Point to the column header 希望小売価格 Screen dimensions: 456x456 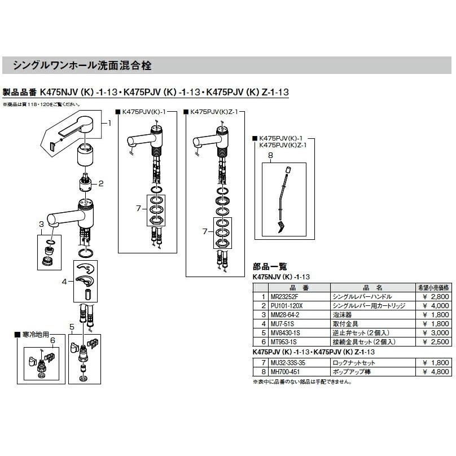pyautogui.click(x=433, y=287)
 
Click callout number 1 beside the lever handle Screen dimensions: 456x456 pyautogui.click(x=110, y=122)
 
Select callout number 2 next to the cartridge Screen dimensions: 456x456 pyautogui.click(x=101, y=183)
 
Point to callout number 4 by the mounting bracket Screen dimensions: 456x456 pyautogui.click(x=65, y=280)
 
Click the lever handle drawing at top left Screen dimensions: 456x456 pyautogui.click(x=79, y=125)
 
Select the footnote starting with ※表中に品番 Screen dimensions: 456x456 pyautogui.click(x=302, y=382)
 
